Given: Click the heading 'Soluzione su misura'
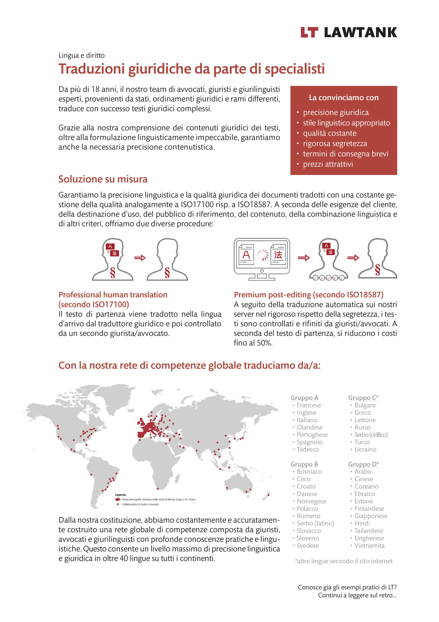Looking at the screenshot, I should point(103,179).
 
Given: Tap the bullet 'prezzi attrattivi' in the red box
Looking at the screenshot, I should point(328,164).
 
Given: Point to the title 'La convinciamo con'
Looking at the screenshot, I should point(343,97).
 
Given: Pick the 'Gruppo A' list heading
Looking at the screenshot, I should point(304,397).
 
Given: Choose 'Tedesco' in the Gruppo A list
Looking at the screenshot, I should point(308,449).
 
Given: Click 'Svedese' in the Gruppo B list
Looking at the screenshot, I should point(308,545).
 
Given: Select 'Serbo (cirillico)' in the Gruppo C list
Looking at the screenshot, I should point(371,434).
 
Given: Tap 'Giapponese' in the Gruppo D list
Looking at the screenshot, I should point(371,516).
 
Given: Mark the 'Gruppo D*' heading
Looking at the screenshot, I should point(363,464).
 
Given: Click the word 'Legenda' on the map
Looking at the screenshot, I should point(120,495).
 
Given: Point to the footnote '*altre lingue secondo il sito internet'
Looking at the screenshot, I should point(343,561).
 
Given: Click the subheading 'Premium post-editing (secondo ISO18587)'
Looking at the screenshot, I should point(308,295).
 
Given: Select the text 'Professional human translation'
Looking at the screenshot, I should point(113,295).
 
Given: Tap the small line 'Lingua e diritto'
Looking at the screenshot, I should point(81,56).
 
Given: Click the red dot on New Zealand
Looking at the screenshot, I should point(268,495).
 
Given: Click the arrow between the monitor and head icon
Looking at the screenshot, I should point(303,258).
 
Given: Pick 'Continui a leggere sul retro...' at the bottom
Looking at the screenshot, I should point(357,595).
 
